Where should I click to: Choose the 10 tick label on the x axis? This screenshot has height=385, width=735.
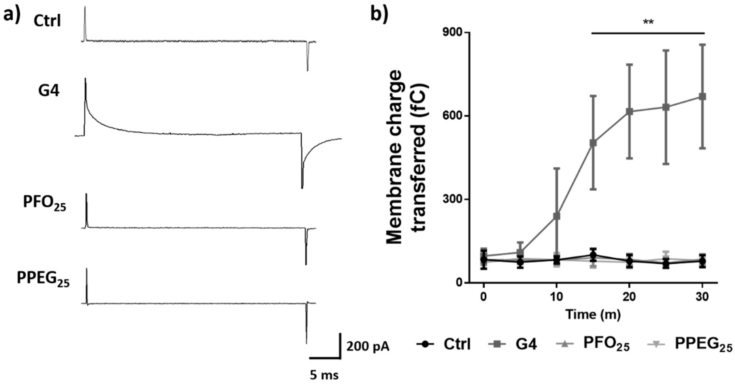[x=556, y=297]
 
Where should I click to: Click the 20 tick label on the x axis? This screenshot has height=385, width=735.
[x=629, y=297]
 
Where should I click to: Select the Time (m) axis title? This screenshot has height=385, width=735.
[x=593, y=315]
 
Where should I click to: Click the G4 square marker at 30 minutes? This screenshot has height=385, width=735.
[x=703, y=97]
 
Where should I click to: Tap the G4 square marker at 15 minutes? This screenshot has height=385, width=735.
[x=593, y=143]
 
